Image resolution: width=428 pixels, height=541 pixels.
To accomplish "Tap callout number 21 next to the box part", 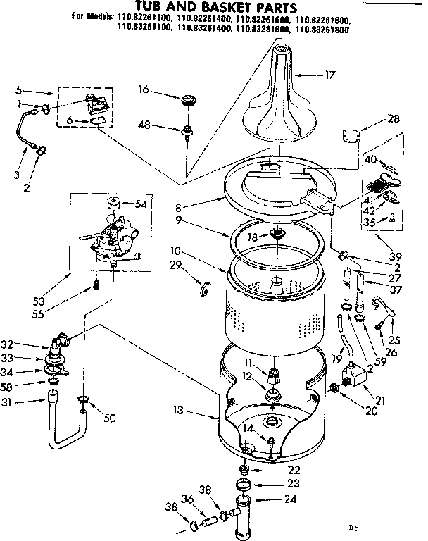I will pyautogui.click(x=382, y=401).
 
